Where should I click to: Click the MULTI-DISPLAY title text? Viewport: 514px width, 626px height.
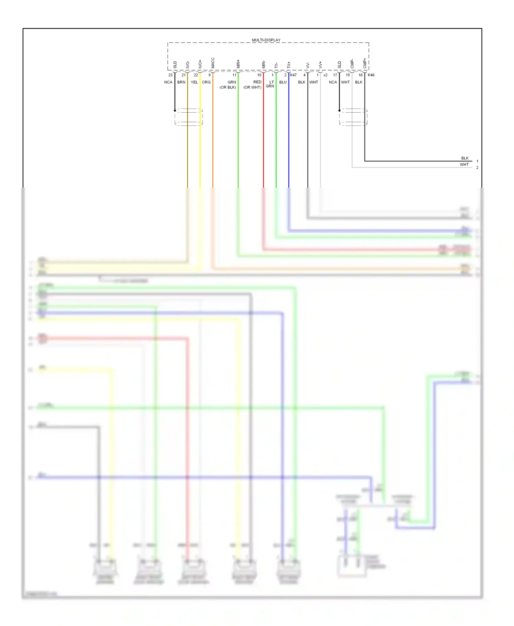point(266,40)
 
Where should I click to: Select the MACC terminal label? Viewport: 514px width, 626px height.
point(213,63)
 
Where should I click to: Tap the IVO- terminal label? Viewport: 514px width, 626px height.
point(188,65)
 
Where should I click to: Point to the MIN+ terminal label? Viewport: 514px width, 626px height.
point(238,64)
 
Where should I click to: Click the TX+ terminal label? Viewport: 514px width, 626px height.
point(289,65)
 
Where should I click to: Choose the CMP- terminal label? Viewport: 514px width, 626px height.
point(352,64)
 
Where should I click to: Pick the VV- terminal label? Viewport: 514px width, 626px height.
point(308,65)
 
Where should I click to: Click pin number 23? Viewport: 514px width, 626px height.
point(170,75)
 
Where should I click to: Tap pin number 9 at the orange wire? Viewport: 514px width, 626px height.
point(209,75)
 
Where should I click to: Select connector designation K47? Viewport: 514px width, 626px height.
point(293,75)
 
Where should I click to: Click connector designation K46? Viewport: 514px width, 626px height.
point(371,75)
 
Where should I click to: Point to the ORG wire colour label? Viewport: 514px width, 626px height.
point(206,82)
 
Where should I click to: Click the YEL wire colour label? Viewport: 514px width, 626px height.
point(194,82)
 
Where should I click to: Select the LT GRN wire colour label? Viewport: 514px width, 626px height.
point(270,84)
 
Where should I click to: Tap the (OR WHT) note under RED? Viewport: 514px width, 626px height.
point(252,87)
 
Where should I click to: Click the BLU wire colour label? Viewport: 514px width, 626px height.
point(283,82)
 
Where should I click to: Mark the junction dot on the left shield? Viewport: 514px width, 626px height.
point(175,111)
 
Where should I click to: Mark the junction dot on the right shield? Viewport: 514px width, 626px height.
point(339,111)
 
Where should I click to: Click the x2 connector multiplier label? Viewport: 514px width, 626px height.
point(325,75)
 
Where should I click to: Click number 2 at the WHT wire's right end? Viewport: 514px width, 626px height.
point(477,167)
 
